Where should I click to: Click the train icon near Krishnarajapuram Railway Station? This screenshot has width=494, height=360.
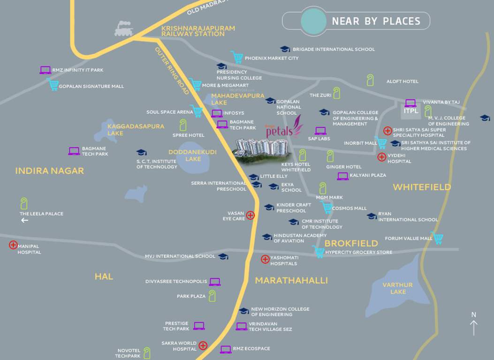point(124,29)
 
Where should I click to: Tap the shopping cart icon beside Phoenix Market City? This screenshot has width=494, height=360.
point(237,57)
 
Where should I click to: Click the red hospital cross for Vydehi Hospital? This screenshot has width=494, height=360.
point(382,157)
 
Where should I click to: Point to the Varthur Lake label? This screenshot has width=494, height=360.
point(397,288)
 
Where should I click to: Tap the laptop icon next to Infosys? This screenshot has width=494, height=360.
point(217,113)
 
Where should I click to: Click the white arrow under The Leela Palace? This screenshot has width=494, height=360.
point(24,220)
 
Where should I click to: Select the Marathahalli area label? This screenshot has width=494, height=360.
point(291,280)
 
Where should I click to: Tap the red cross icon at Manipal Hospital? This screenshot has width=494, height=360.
point(13,245)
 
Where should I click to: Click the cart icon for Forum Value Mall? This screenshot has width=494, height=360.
point(437,238)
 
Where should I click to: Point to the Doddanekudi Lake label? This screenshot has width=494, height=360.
point(185,155)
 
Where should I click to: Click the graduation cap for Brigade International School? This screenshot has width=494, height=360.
point(285,49)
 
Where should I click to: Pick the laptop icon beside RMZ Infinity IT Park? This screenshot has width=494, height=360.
point(45,70)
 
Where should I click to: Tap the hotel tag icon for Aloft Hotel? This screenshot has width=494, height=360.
point(371,80)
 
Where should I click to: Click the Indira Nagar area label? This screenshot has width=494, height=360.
point(49,171)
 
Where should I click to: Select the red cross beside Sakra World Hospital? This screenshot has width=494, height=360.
point(203,345)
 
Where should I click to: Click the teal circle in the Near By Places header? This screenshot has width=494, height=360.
point(313,21)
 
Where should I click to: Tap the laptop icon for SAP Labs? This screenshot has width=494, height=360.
point(320,131)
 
